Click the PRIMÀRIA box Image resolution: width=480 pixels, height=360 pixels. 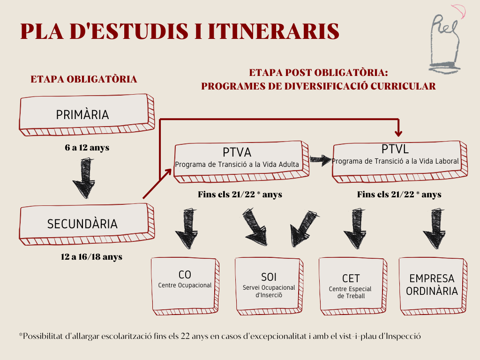pyautogui.click(x=82, y=115)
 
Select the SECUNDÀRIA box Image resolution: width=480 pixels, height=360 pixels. pyautogui.click(x=82, y=224)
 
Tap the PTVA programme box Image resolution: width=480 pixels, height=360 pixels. pyautogui.click(x=237, y=159)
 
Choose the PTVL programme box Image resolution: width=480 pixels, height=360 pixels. pyautogui.click(x=395, y=159)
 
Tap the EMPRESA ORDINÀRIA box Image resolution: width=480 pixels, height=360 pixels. pyautogui.click(x=432, y=284)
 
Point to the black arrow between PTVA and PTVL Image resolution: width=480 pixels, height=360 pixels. pyautogui.click(x=320, y=161)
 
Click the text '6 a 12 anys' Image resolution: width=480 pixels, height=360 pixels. pyautogui.click(x=87, y=148)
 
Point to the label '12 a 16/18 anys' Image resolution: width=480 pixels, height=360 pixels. pyautogui.click(x=91, y=256)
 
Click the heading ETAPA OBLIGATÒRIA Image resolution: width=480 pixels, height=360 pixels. pyautogui.click(x=84, y=79)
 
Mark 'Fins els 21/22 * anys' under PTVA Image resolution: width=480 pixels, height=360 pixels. pyautogui.click(x=240, y=194)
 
